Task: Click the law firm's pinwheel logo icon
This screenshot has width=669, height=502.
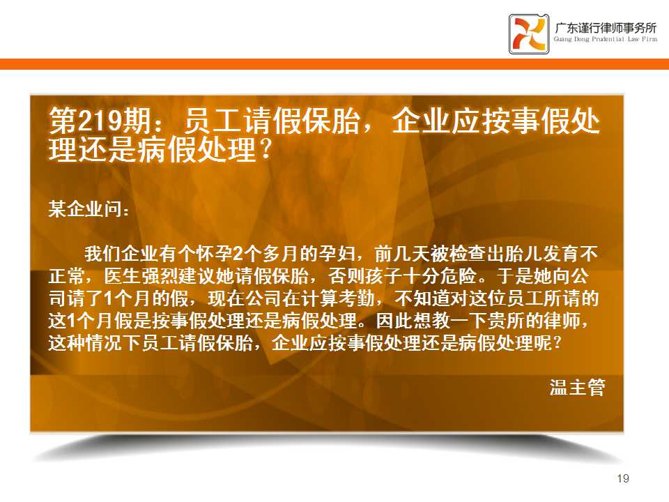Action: [x=529, y=33]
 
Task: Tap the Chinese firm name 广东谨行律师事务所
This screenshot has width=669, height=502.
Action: [x=606, y=28]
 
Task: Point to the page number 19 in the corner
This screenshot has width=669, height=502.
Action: [x=623, y=478]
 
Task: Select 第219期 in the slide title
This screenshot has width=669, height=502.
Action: [x=100, y=121]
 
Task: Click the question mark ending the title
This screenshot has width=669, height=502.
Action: [x=265, y=150]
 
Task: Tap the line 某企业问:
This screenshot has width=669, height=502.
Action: [x=89, y=208]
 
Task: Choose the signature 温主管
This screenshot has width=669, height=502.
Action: [x=577, y=387]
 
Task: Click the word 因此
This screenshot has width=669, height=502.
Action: [x=394, y=321]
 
